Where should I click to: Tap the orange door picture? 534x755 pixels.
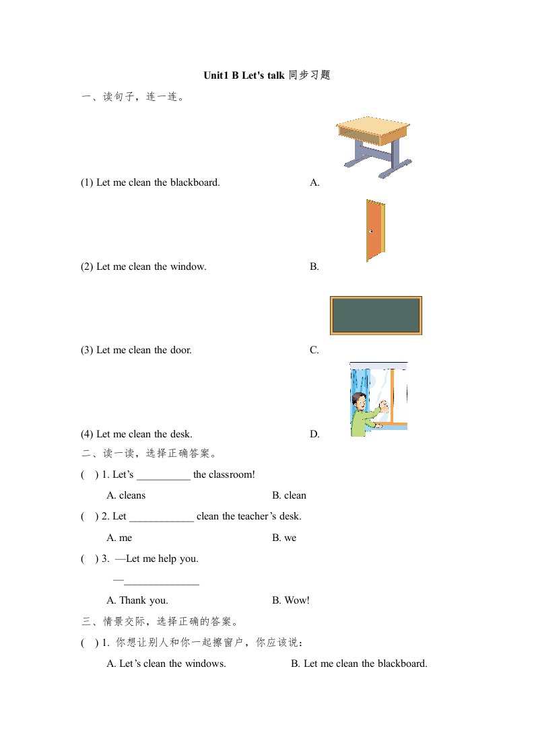(x=374, y=230)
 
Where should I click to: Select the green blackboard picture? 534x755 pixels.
(x=376, y=315)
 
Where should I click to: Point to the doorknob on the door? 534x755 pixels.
(x=370, y=231)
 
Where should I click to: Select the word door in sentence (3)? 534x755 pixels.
(x=181, y=351)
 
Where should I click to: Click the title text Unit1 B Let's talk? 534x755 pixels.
(x=244, y=75)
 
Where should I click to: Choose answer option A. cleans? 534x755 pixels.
(x=126, y=496)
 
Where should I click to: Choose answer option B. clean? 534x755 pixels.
(x=289, y=496)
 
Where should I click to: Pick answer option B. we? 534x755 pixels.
(x=284, y=538)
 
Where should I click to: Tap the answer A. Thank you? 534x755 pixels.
(x=137, y=600)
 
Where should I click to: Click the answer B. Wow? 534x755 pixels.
(x=291, y=600)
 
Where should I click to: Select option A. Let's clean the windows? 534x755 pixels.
(x=166, y=664)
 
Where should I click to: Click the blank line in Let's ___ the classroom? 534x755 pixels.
(x=163, y=476)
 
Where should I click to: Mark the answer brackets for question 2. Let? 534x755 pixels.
(x=86, y=517)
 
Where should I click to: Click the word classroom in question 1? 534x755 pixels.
(x=232, y=475)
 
